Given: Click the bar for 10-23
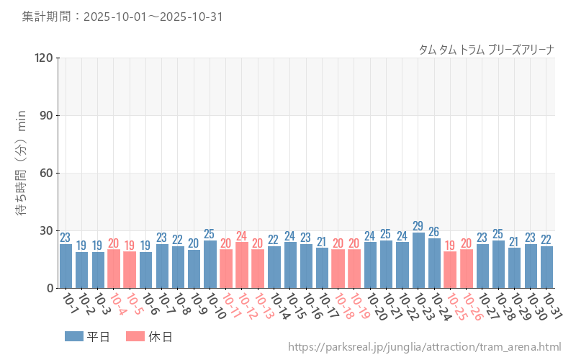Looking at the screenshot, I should tap(418, 261).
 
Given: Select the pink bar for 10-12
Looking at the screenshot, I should tap(242, 265).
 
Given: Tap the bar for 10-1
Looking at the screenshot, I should tap(66, 266).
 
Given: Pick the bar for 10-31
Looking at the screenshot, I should tap(546, 267).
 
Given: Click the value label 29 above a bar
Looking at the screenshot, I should tap(418, 226).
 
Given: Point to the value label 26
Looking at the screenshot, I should tap(434, 232).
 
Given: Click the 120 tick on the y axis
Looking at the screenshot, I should tap(44, 58).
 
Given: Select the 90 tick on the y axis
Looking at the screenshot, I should tap(47, 116).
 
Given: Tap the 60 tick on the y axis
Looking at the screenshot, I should tap(47, 174).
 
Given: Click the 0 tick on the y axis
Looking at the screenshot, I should tap(50, 288).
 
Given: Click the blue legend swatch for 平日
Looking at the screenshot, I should tap(74, 336).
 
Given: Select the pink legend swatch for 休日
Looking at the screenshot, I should tap(135, 336).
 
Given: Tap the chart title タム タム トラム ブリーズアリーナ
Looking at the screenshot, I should tap(486, 50).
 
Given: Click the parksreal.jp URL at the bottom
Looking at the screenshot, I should tap(424, 347).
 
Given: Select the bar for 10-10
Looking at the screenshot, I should tap(210, 264).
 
